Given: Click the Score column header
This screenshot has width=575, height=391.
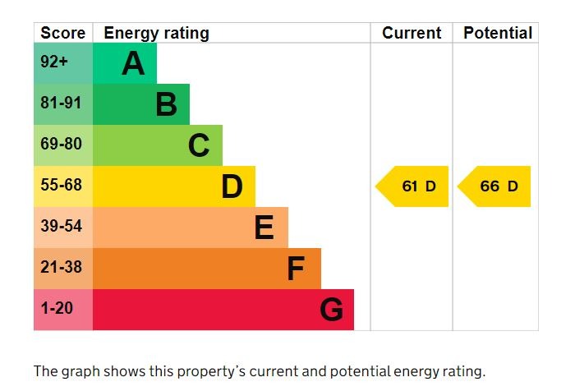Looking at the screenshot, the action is tap(62, 33).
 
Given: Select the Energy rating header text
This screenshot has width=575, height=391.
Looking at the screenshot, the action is tap(157, 34).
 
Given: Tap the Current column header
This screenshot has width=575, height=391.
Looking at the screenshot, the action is tap(412, 33).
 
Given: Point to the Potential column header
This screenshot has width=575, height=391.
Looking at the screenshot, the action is tap(498, 33).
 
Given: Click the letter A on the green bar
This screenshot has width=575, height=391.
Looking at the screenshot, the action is tap(133, 63).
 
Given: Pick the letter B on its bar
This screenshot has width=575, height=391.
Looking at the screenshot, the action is tap(166, 104).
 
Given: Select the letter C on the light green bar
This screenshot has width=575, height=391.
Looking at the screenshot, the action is tap(199, 145).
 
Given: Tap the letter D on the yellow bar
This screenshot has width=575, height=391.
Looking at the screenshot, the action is tap(232, 186).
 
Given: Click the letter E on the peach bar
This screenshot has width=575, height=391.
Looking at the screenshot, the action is tap(264, 228).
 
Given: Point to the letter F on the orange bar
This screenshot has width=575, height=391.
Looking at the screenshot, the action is tap(296, 269).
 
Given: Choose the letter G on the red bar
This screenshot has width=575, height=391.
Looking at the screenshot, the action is tap(332, 310).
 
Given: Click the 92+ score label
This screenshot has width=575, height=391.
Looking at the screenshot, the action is tap(54, 62).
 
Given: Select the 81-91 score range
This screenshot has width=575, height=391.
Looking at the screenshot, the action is tap(61, 103).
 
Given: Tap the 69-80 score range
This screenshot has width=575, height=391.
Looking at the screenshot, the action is tap(61, 144).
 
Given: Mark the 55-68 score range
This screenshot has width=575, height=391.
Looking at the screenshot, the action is tap(61, 185).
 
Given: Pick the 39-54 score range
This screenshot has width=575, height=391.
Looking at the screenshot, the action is tap(61, 226).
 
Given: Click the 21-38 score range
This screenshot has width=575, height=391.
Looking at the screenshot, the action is tap(61, 267).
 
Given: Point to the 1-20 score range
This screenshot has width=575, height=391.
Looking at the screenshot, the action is tap(57, 308).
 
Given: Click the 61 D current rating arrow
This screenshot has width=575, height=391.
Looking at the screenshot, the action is tap(412, 186).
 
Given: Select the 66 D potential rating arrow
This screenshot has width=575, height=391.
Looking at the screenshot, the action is tap(494, 186).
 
